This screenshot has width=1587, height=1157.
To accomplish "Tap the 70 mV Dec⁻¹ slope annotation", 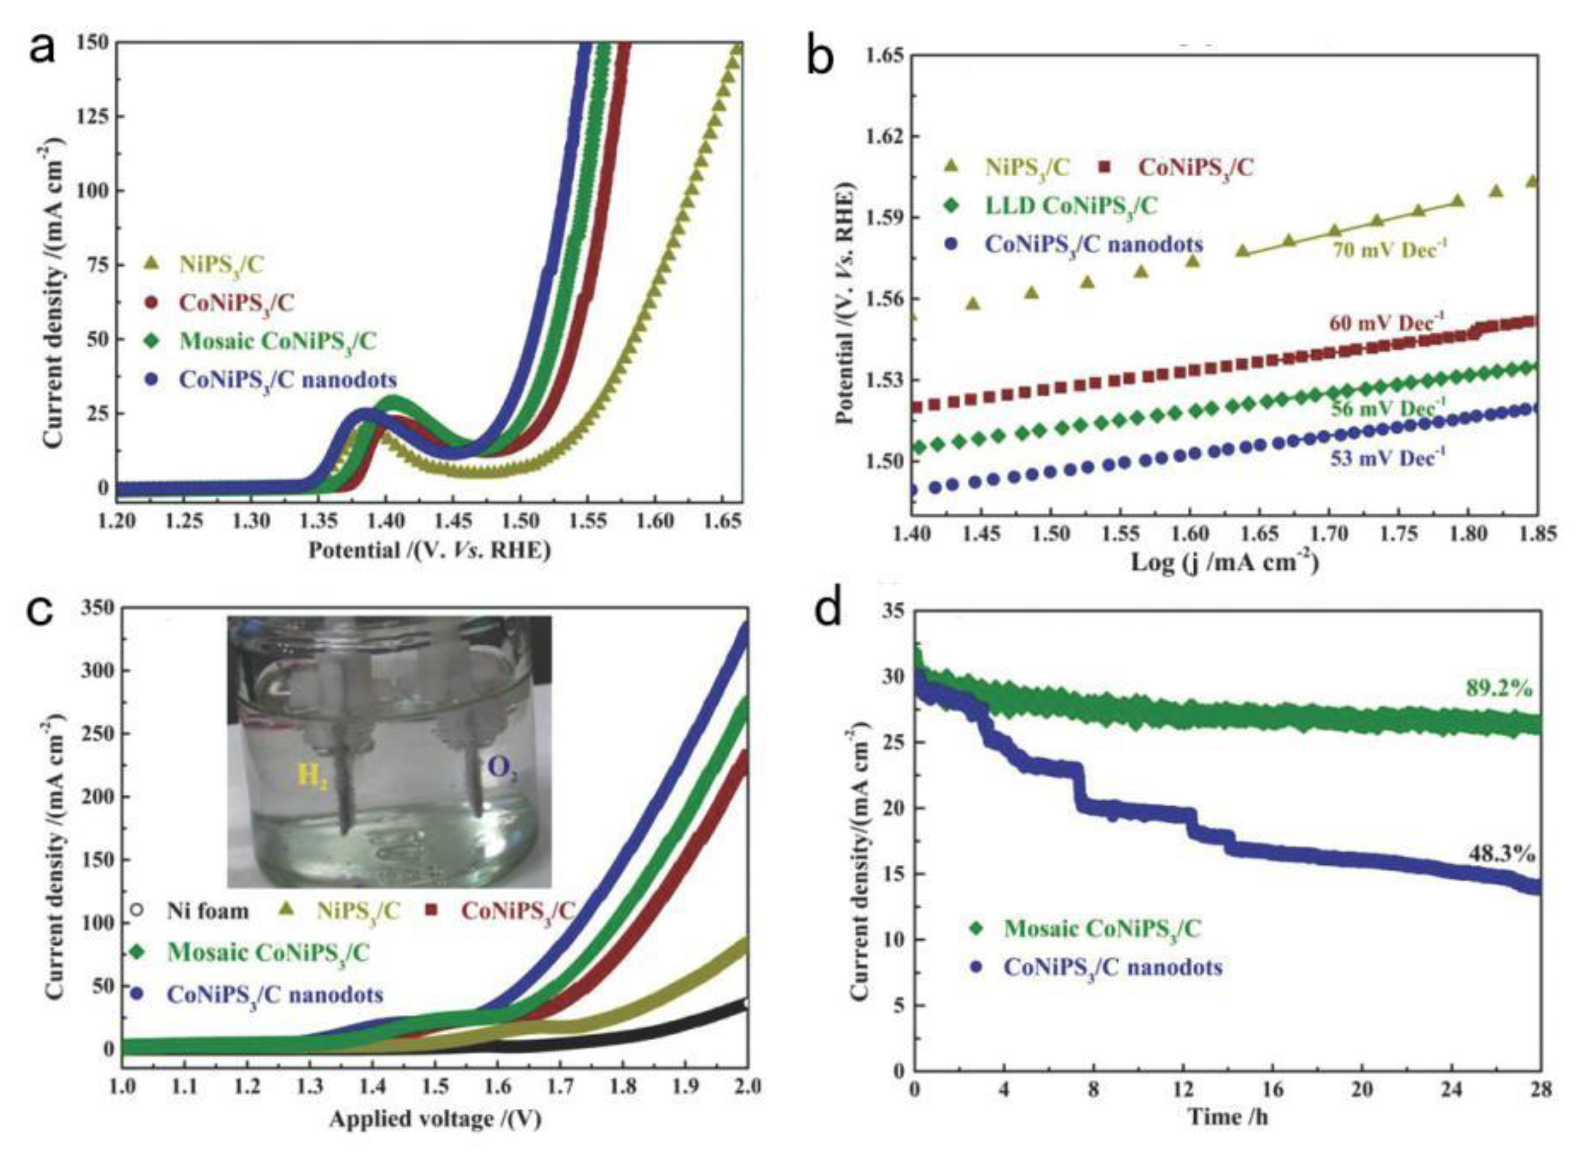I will (1389, 249).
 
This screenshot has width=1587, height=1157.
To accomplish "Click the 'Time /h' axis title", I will (1228, 1117).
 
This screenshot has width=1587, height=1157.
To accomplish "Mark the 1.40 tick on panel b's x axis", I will (912, 533).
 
